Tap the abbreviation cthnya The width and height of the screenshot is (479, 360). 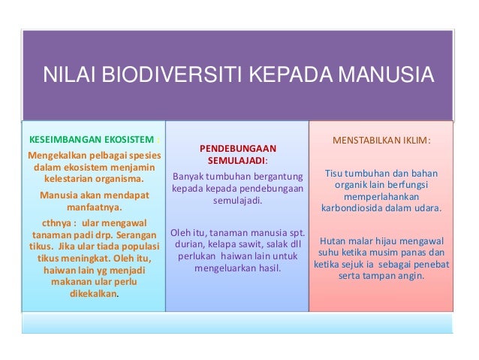coord(50,223)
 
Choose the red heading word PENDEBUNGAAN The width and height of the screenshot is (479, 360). coord(237,148)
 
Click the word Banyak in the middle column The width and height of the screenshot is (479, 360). coord(190,177)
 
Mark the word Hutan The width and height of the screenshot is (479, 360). coord(335,241)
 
